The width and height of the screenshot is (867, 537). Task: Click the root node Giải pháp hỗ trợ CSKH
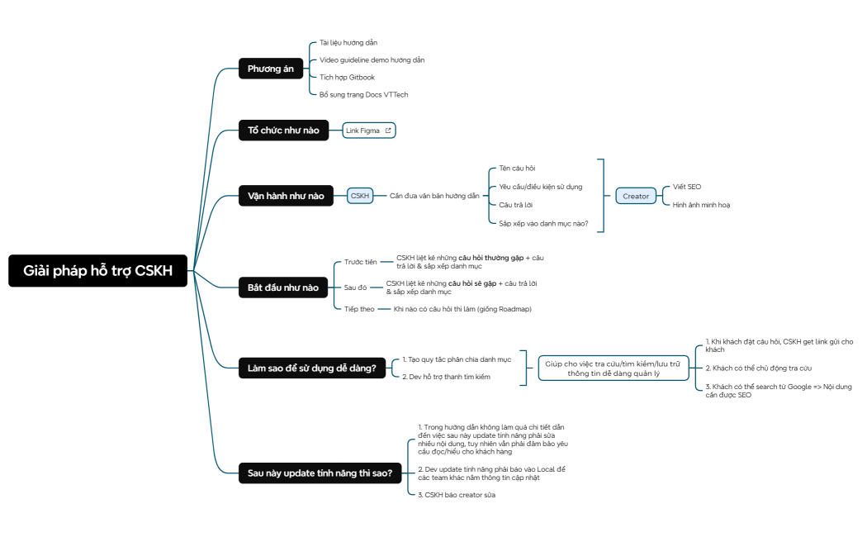97,271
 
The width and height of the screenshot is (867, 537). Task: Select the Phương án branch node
270,69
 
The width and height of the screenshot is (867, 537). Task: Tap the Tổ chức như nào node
282,131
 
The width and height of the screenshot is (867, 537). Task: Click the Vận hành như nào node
286,196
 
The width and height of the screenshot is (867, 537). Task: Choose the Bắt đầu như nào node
282,288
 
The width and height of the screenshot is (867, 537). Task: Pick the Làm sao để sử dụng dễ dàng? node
312,368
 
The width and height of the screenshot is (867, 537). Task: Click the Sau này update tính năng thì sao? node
320,473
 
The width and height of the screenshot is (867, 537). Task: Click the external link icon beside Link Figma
387,131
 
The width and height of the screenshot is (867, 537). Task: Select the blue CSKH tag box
360,196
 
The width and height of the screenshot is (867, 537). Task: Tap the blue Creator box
635,196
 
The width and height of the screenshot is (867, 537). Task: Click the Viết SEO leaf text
686,187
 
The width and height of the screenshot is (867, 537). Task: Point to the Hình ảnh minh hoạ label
701,205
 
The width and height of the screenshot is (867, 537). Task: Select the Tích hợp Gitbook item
347,77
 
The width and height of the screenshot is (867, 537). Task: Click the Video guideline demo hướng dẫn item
372,59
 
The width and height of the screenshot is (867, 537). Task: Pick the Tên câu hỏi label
517,168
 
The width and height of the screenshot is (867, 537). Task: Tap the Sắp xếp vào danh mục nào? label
542,223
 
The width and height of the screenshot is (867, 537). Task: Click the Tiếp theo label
359,309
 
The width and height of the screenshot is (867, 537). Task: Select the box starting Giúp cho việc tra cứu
612,368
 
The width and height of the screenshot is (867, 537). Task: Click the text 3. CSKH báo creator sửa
457,494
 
